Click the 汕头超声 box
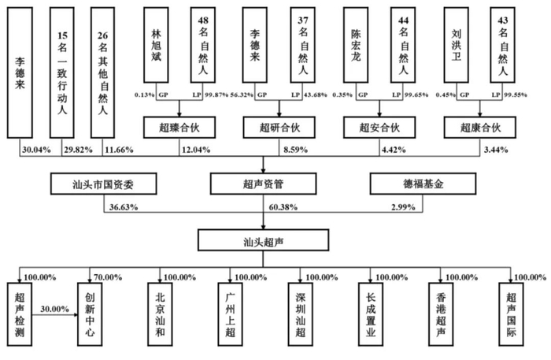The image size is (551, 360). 263,240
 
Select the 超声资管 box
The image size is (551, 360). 263,184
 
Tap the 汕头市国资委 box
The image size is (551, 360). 104,184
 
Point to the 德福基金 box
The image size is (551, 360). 423,184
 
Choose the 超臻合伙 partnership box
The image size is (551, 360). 179,128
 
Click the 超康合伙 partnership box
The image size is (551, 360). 480,128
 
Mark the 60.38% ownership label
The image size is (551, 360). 283,207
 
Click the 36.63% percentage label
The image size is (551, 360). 124,207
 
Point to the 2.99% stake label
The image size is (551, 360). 403,207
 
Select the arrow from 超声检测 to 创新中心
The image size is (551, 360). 55,314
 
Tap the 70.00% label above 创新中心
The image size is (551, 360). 108,277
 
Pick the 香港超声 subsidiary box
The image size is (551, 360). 441,314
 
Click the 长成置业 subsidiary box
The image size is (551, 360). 371,314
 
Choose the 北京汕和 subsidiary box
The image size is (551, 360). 160,314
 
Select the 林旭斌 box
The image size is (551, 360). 156,45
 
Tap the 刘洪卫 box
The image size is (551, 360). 456,45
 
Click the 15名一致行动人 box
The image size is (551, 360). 62,72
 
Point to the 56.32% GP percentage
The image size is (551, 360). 242,95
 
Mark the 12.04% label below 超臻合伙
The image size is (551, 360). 196,150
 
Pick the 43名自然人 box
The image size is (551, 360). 502,45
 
